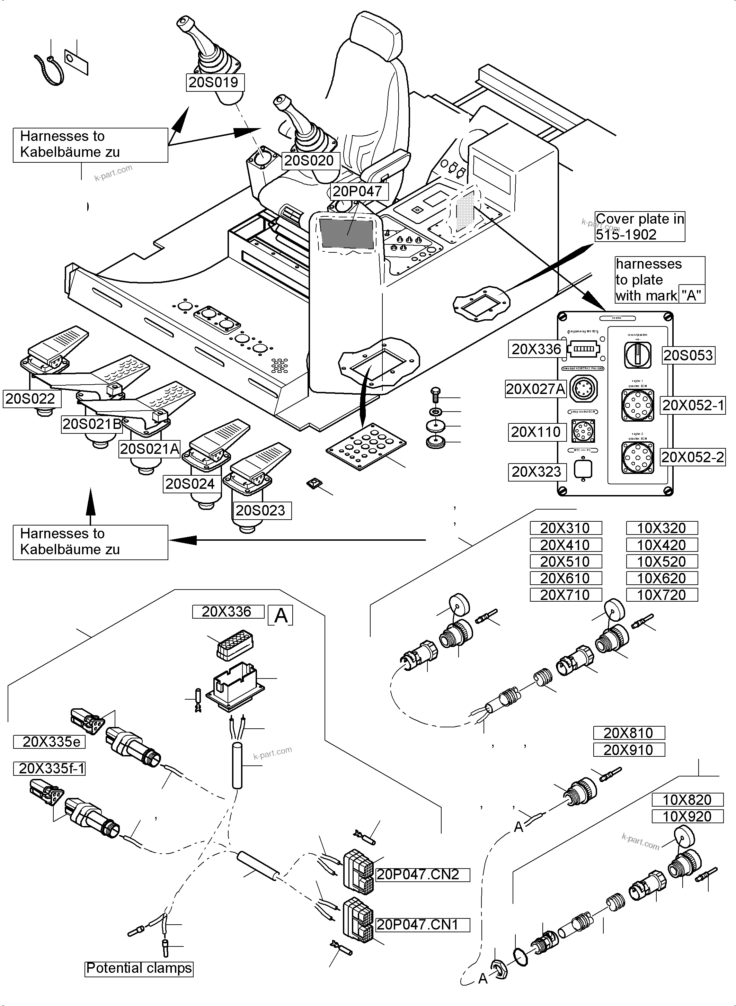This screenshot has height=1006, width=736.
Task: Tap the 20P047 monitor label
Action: [358, 191]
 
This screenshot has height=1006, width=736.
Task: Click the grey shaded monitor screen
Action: [346, 234]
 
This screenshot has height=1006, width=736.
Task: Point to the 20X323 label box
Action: [537, 471]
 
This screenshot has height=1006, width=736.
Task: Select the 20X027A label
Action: [535, 389]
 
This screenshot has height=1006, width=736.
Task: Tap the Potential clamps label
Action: [139, 968]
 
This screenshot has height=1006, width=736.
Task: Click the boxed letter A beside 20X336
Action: [281, 616]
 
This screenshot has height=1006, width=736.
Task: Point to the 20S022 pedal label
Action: [31, 398]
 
